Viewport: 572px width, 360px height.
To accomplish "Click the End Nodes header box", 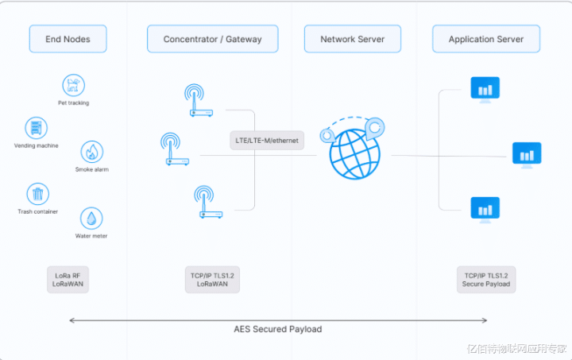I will tap(68, 39).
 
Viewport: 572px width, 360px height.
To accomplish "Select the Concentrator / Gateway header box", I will tap(212, 39).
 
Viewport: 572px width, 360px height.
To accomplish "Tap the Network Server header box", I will tap(352, 39).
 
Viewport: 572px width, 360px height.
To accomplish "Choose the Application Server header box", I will tap(485, 39).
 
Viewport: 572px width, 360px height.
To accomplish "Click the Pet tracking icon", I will tap(73, 85).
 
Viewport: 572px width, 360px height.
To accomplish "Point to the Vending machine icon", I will tap(36, 127).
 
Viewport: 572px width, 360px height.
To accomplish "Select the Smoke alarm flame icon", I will tap(92, 152).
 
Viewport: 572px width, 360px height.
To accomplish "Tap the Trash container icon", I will tap(37, 194).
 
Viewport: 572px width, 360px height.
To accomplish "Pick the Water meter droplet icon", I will tap(91, 219).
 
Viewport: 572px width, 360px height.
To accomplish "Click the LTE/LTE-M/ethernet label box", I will tap(266, 141).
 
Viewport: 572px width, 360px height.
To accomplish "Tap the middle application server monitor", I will tap(527, 154).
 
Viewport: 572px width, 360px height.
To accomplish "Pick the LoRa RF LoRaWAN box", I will tap(68, 279).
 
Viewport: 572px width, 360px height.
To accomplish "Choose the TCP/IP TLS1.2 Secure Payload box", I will tap(485, 279).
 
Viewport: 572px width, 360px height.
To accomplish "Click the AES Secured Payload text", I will tap(278, 329).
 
